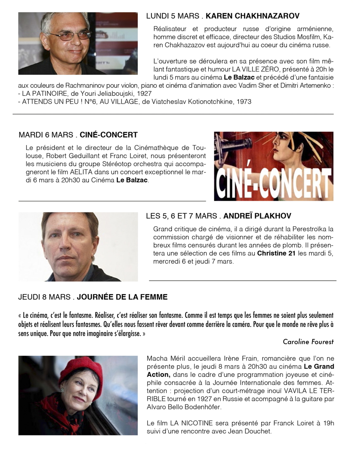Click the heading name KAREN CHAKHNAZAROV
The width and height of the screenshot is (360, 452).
coord(252,16)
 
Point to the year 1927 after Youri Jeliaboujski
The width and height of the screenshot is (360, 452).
coord(143,93)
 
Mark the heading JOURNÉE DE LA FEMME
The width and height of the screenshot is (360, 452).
coord(122,297)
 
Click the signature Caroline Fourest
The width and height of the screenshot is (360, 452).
coord(308,342)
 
